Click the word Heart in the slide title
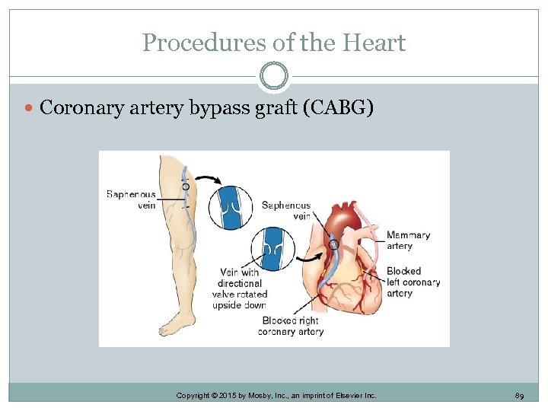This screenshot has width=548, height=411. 374,43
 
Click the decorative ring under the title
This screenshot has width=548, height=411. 274,76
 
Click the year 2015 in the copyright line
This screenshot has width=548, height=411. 233,396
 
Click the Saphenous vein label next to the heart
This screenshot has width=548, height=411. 286,211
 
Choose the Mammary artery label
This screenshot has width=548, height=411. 408,241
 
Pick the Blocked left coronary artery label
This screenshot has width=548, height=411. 413,282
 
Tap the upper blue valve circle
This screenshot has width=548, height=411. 230,208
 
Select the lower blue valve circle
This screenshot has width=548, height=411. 272,250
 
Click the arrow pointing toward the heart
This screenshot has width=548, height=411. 309,257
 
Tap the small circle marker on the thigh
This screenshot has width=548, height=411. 186,186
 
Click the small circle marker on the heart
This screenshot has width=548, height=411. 333,245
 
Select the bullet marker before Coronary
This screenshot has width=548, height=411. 29,109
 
